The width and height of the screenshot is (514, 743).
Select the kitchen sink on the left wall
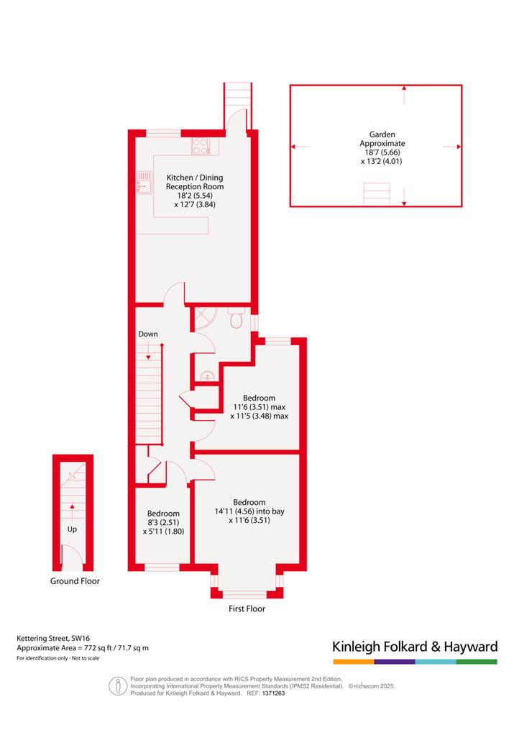pos(144,183)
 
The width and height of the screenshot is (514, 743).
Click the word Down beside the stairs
pos(148,334)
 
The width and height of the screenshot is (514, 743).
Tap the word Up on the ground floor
pos(72,529)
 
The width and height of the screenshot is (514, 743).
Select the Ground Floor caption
pos(75,581)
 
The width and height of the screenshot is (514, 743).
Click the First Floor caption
pos(247,608)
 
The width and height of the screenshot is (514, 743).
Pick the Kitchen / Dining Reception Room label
pos(195,182)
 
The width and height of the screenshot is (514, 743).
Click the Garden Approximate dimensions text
pos(382,148)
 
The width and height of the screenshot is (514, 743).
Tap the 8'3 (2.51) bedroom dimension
pos(163,522)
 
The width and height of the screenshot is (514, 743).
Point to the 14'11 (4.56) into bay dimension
pos(249,511)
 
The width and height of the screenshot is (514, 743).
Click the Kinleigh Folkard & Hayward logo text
pos(415,647)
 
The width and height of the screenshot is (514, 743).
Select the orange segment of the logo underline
pos(354,662)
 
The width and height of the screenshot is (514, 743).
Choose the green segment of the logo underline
pos(477,662)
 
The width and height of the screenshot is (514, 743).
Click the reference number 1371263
pos(273,693)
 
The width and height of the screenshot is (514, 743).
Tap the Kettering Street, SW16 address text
pos(53,638)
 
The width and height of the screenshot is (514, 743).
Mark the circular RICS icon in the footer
pos(117,686)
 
